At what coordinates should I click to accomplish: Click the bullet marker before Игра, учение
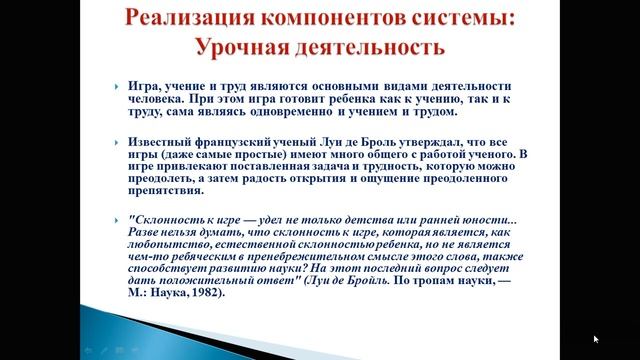tap(117, 87)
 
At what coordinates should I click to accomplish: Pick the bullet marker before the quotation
tap(117, 218)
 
